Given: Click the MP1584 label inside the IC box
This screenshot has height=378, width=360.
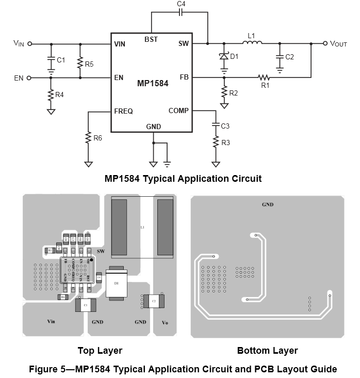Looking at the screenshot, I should tap(153, 83).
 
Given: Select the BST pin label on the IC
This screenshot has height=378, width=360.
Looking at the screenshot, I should tap(152, 40).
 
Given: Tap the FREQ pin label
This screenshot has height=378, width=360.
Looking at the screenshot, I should tap(123, 111).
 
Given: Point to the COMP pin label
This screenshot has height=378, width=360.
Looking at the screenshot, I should tap(178, 111).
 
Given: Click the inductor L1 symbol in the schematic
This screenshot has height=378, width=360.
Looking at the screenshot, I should tap(252, 43).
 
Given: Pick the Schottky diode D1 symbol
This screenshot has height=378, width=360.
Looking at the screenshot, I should tap(224, 56).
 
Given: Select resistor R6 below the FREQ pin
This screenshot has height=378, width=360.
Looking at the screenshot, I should tap(88, 138).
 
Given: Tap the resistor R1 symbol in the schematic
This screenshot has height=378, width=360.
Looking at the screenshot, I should tap(265, 77).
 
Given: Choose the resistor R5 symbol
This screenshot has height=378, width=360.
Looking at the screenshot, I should tap(80, 63).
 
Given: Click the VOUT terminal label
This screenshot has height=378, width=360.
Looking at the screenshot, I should tap(338, 44).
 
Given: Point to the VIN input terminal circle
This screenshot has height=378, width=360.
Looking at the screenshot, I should tap(29, 44).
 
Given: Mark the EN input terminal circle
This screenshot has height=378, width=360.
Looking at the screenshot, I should tap(29, 78).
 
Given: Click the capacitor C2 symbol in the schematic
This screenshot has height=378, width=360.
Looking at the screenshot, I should tap(280, 57).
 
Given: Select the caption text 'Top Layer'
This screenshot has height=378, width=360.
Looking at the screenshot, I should tap(100, 351).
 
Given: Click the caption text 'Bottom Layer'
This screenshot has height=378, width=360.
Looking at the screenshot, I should tap(267, 351).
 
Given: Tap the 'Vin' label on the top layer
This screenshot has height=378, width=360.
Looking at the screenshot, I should tap(51, 322).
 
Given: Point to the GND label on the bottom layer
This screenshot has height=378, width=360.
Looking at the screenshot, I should tap(267, 204).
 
